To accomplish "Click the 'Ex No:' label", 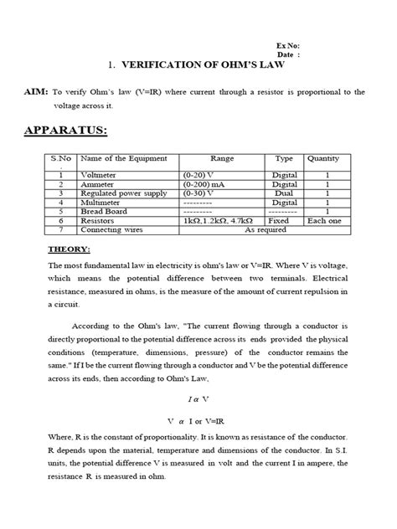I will pos(288,45).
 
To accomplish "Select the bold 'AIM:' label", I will pos(37,93).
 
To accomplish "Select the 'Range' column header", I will pos(222,157).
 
